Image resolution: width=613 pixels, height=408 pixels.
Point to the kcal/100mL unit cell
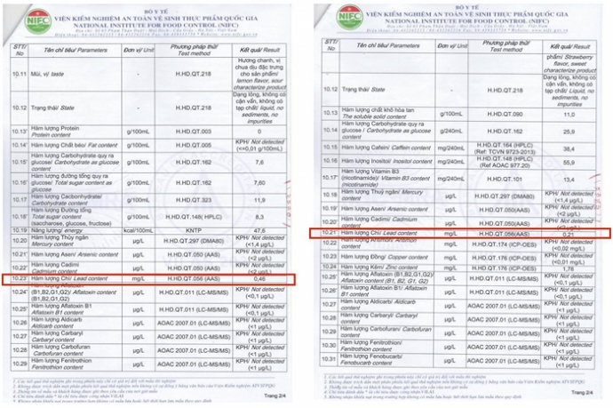click(139, 229)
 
